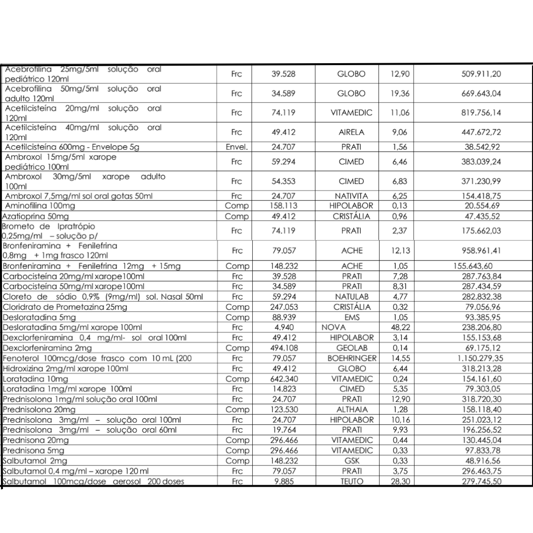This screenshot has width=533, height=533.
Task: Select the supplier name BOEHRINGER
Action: [352, 358]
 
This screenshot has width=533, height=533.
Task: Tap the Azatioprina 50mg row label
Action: [36, 217]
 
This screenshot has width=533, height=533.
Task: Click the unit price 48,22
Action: [401, 327]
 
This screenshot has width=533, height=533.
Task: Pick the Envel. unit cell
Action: [236, 147]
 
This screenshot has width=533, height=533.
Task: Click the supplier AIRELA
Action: [351, 132]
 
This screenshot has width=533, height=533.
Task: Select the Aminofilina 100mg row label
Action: [40, 206]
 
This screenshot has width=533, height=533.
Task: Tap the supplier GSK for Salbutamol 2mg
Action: [351, 461]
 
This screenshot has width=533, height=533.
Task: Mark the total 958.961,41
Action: [477, 251]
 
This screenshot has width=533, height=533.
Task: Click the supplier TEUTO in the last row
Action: [351, 482]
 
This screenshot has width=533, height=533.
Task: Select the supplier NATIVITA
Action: [351, 196]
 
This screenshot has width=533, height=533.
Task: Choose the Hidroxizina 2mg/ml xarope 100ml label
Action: [66, 369]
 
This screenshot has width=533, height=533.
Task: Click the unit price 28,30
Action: [401, 482]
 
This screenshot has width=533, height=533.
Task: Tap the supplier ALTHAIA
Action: [351, 410]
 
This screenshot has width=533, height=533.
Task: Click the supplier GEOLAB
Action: [351, 348]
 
